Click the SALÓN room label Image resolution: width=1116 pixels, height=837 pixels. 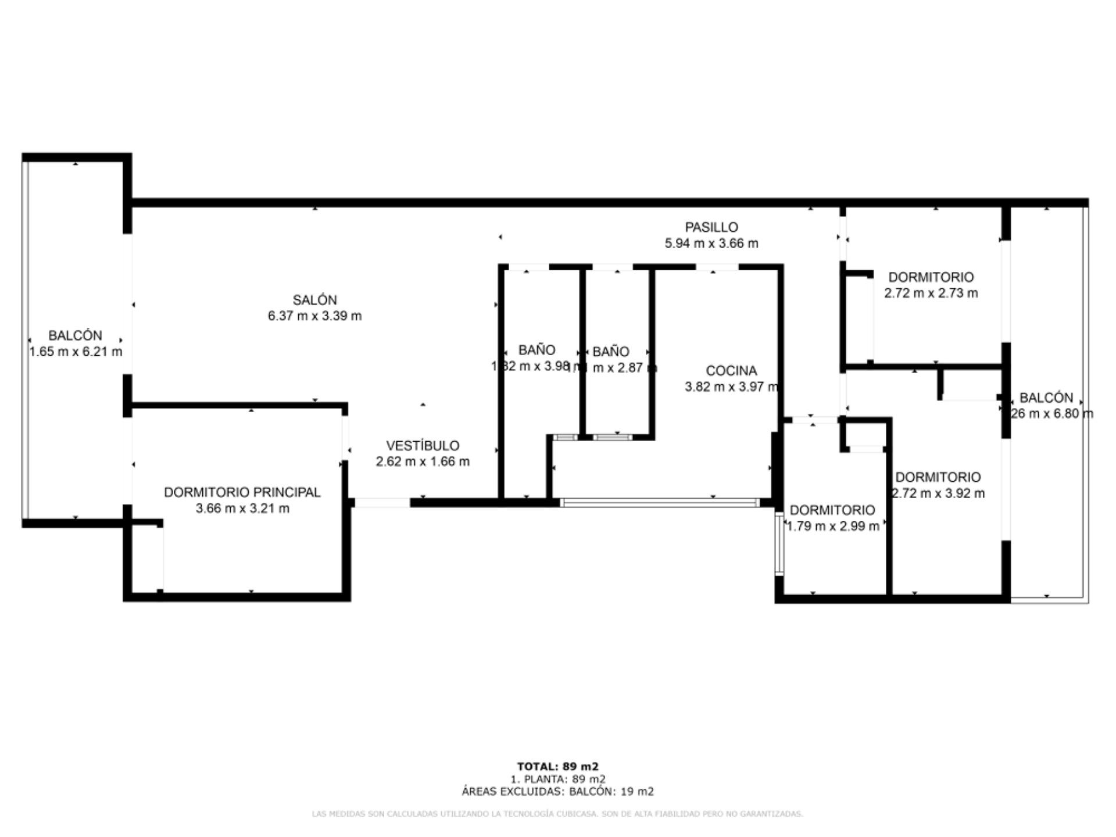pyautogui.click(x=314, y=300)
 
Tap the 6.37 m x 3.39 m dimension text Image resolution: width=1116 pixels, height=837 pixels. pyautogui.click(x=314, y=316)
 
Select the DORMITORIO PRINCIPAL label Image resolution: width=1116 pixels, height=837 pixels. pyautogui.click(x=242, y=492)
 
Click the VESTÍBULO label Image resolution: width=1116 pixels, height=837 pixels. pyautogui.click(x=423, y=446)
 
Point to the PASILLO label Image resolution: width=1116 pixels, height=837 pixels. pyautogui.click(x=711, y=227)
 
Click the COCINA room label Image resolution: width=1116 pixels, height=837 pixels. pyautogui.click(x=731, y=371)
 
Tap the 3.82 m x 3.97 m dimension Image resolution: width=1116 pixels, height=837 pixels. pyautogui.click(x=731, y=387)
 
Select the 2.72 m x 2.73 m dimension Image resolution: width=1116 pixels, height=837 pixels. pyautogui.click(x=931, y=294)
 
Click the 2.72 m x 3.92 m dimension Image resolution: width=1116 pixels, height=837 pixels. pyautogui.click(x=938, y=493)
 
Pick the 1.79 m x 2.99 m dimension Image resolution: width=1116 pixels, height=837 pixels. pyautogui.click(x=832, y=527)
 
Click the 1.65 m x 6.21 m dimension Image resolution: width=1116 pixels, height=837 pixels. pyautogui.click(x=76, y=352)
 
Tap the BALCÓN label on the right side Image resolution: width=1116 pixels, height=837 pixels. pyautogui.click(x=1046, y=398)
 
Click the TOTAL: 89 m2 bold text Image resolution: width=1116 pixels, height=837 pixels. pyautogui.click(x=557, y=767)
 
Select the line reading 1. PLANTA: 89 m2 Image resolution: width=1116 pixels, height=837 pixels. pyautogui.click(x=557, y=779)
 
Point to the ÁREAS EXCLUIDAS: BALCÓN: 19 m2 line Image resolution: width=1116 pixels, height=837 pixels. pyautogui.click(x=557, y=792)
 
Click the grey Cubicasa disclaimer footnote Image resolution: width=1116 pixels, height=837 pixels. pyautogui.click(x=557, y=814)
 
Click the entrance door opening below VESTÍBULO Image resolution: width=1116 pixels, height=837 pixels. pyautogui.click(x=382, y=503)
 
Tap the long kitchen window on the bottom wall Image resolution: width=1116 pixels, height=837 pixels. pyautogui.click(x=660, y=503)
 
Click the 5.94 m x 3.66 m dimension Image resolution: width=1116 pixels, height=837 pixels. pyautogui.click(x=711, y=244)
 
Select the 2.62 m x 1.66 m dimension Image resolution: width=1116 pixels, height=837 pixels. pyautogui.click(x=423, y=462)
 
